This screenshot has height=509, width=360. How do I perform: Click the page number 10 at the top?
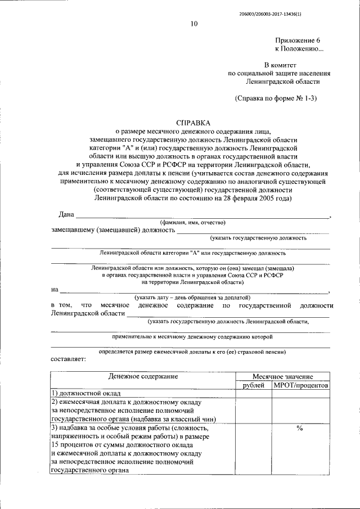(x=194, y=24)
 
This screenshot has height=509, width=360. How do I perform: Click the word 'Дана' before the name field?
(x=67, y=215)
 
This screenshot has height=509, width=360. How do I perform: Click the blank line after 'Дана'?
(x=202, y=217)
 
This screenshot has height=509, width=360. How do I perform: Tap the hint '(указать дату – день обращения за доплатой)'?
(x=192, y=297)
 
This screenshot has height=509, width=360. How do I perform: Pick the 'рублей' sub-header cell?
(x=253, y=385)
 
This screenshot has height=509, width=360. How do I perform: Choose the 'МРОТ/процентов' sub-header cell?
(x=300, y=385)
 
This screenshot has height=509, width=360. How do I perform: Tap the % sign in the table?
(x=300, y=429)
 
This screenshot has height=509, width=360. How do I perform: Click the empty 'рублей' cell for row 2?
(x=253, y=410)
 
